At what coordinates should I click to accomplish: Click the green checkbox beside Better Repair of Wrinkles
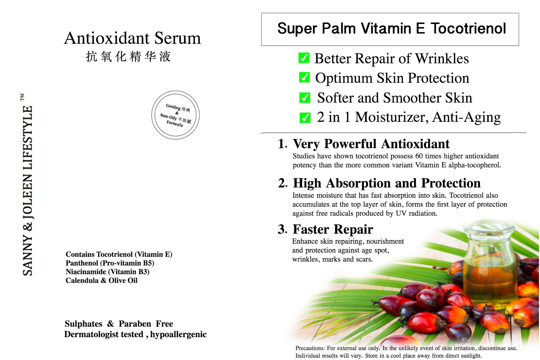tap(304, 58)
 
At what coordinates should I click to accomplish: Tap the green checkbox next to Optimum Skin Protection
tap(304, 77)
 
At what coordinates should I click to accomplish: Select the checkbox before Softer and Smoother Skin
tap(305, 98)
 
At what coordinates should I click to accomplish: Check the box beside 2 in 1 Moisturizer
tap(305, 118)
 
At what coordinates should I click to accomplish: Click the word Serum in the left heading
tap(178, 38)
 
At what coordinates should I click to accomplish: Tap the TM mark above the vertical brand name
tap(22, 97)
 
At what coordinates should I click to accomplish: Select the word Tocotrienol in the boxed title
tap(468, 28)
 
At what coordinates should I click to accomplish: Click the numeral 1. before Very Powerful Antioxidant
tap(282, 144)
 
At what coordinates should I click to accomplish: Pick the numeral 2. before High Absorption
tap(283, 183)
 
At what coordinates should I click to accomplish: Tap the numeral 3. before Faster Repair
tap(282, 229)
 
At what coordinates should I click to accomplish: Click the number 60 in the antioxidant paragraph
tap(419, 156)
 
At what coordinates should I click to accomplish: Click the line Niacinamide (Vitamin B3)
tap(108, 272)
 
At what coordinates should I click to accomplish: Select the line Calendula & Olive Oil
tap(102, 280)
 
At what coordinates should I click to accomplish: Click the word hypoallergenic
tap(179, 335)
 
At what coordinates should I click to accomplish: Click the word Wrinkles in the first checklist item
tap(442, 58)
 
